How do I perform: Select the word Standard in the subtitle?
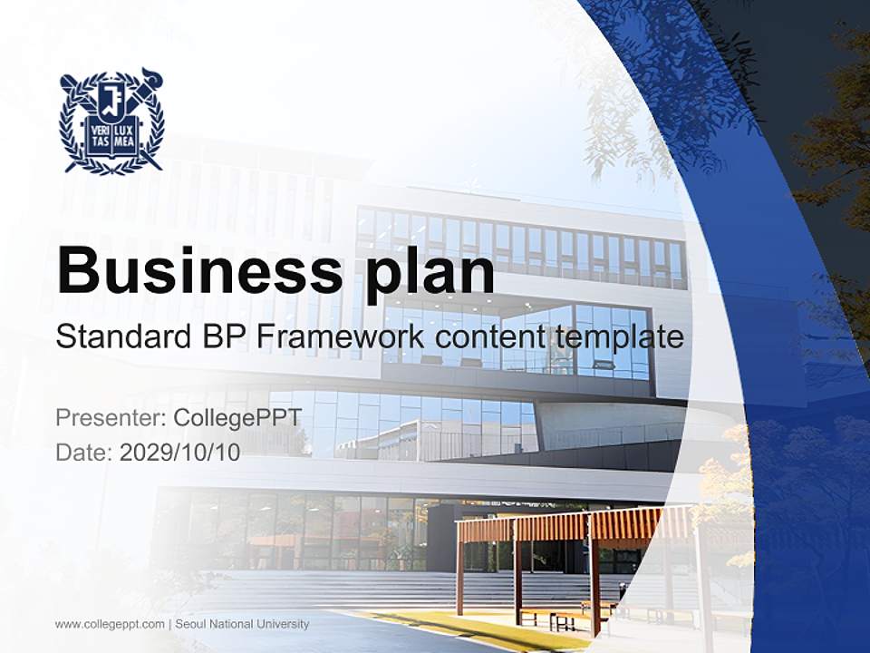tap(121, 337)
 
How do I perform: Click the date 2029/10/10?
tap(180, 453)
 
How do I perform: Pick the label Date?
tap(84, 453)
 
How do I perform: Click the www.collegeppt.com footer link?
tap(110, 624)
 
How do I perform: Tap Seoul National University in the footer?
tap(242, 624)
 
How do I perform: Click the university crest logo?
tap(111, 121)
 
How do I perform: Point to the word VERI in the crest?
tap(99, 130)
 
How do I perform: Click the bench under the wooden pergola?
tap(553, 617)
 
